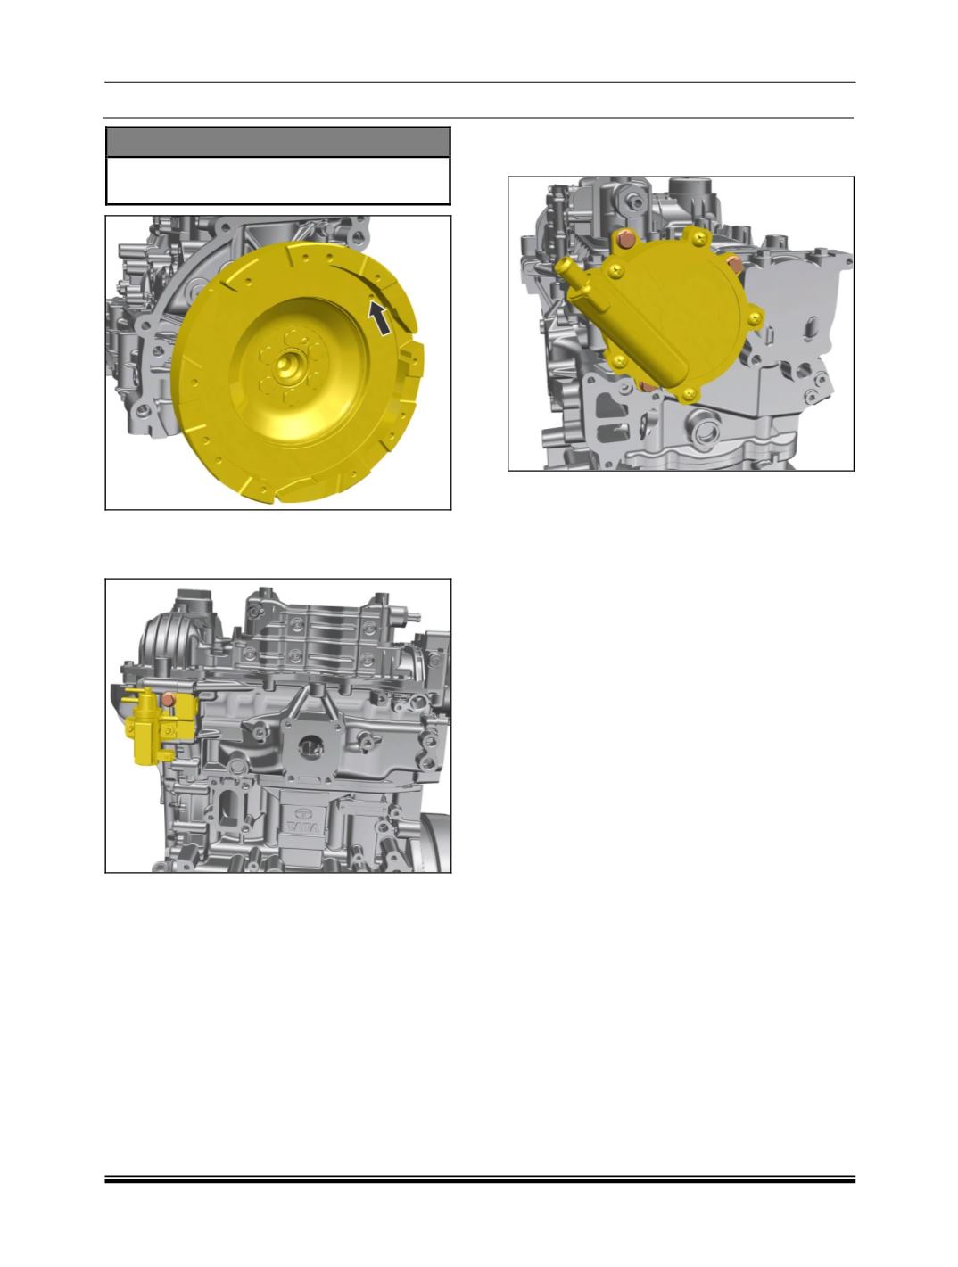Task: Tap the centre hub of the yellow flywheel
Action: coord(287,365)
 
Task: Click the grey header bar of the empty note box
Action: coord(277,142)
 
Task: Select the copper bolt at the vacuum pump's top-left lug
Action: coord(625,238)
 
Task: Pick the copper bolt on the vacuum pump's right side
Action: coord(736,264)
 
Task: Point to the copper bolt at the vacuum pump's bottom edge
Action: coord(648,385)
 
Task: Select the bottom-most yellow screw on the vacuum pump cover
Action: coord(688,394)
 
